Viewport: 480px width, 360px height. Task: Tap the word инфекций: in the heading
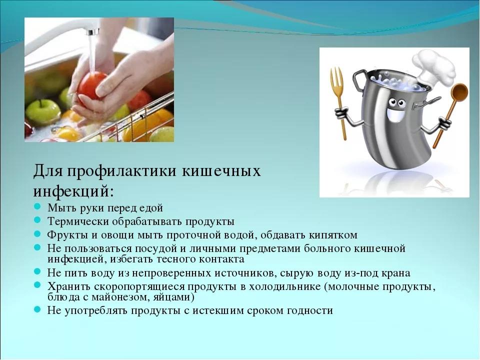(x=73, y=191)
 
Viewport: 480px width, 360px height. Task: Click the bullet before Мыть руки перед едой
(x=37, y=207)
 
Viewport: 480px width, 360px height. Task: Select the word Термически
(x=78, y=221)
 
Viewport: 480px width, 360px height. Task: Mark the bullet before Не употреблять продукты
(x=37, y=310)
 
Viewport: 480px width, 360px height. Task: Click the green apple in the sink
(x=43, y=111)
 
